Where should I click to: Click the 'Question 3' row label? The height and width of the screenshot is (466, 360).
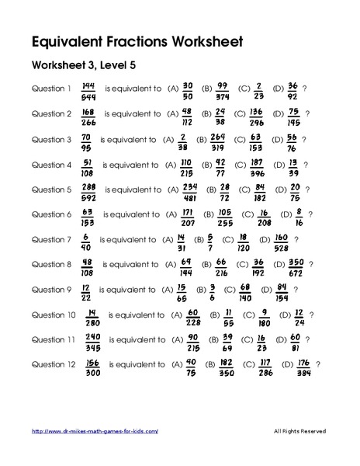click(x=51, y=139)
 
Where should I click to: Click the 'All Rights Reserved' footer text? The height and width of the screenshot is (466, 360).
click(x=299, y=431)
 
